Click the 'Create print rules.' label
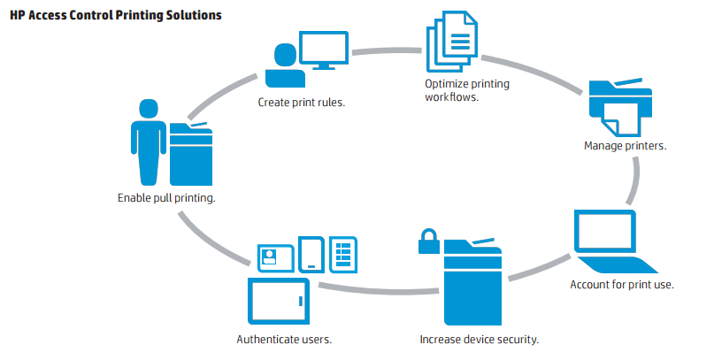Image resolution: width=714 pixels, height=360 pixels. pos(301,102)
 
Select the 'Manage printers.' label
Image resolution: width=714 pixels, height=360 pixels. pos(625,146)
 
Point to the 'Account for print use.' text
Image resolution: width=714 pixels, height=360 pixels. pos(622,285)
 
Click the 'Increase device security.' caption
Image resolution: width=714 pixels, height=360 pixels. pos(479,339)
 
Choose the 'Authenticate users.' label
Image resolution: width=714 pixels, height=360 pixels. pos(284,339)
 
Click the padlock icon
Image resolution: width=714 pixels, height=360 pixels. pos(428,241)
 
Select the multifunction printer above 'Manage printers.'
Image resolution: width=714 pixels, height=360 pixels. pos(620,106)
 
